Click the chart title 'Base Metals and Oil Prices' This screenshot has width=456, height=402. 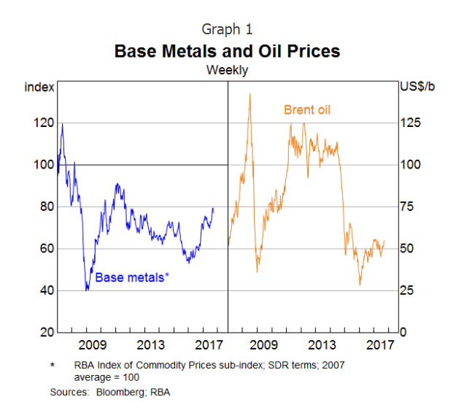pos(227,52)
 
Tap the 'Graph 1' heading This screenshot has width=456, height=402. pos(227,29)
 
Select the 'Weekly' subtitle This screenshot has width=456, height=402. pos(227,71)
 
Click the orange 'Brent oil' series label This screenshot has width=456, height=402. pos(306,110)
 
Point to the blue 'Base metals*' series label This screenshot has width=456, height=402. pos(132,277)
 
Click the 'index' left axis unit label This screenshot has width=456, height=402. pos(39,88)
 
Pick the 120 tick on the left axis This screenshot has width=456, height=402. pos(45,123)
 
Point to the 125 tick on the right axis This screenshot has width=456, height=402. pos(410,123)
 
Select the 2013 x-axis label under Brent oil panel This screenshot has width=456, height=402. pos(322,344)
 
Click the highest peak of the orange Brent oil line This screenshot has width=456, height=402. pos(250,93)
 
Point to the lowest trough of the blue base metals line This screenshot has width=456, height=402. pos(88,290)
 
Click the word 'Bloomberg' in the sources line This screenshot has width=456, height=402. pos(114,393)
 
